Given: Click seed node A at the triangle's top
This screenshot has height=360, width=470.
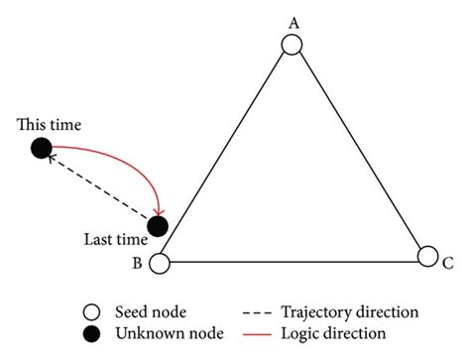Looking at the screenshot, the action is (x=291, y=45).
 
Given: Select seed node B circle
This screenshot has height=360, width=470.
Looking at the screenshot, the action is (x=160, y=263).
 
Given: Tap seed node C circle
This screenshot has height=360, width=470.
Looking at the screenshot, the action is (x=427, y=256).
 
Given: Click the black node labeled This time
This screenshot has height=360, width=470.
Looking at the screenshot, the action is (x=41, y=149).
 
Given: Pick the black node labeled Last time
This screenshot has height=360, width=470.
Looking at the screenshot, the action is (x=158, y=226).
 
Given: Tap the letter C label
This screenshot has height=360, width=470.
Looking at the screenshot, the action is (x=448, y=264).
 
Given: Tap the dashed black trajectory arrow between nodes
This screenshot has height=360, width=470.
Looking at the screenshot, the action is (x=99, y=187).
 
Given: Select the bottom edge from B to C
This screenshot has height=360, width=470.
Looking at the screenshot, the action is (x=294, y=263).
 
